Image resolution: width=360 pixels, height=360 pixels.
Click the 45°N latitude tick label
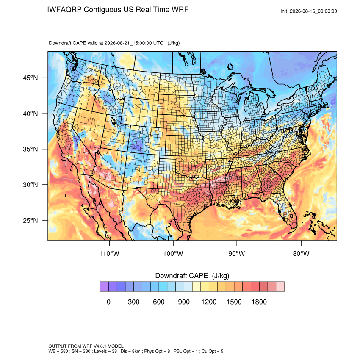(30, 78)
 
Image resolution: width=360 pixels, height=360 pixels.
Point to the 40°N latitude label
(30, 114)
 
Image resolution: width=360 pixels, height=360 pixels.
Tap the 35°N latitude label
(30, 149)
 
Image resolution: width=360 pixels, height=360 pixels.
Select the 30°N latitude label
(30, 185)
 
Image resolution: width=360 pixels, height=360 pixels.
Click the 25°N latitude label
(30, 220)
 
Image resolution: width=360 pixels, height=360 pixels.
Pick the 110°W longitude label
(109, 253)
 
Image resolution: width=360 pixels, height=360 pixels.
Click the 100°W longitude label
(173, 253)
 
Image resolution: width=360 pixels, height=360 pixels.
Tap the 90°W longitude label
(237, 253)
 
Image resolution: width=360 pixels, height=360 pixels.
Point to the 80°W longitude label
(301, 253)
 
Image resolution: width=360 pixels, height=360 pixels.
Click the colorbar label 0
(108, 302)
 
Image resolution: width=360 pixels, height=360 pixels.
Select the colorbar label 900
(184, 302)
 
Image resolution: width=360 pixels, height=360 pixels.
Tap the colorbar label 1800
(259, 302)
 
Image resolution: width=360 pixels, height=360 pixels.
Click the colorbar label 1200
(209, 302)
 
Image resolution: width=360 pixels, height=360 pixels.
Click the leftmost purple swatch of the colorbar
(104, 287)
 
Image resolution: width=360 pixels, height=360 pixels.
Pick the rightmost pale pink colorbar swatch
(280, 287)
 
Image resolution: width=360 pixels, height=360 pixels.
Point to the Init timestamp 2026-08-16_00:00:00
(313, 11)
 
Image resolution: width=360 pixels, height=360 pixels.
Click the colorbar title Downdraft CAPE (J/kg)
(192, 276)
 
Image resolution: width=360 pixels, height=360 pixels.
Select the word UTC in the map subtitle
(158, 43)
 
